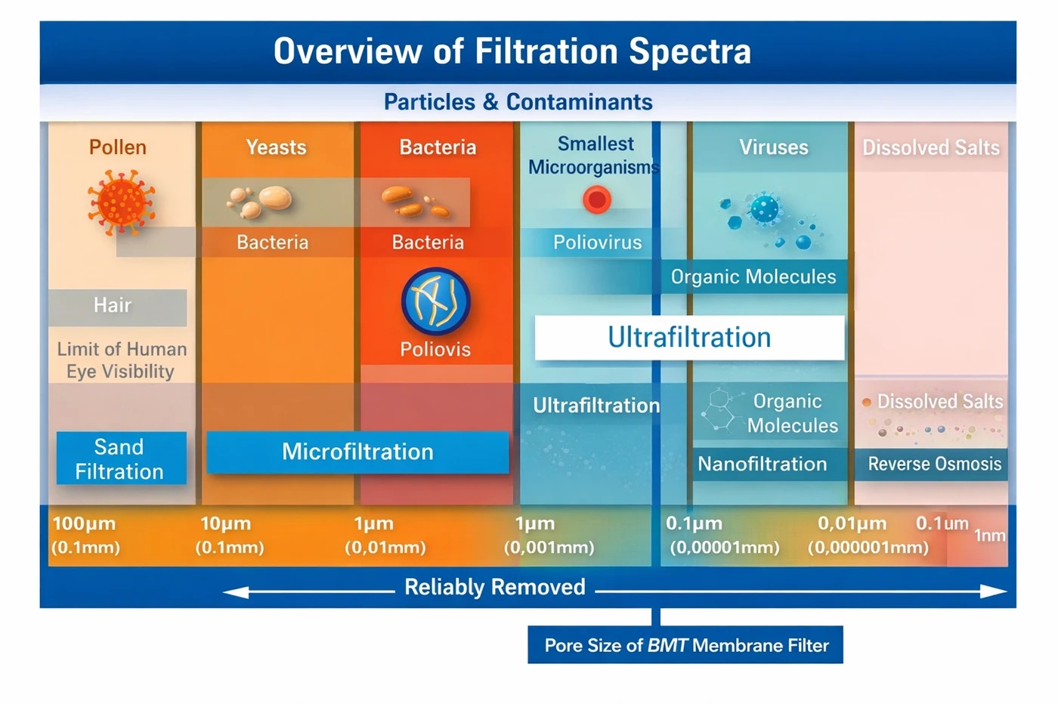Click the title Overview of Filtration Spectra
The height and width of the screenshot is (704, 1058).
[x=512, y=51]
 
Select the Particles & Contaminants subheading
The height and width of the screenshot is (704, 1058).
[x=518, y=102]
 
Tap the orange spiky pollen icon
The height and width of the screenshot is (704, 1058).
[x=122, y=202]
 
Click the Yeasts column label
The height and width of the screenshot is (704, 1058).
[x=276, y=147]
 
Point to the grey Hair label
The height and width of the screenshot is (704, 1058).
[x=113, y=306]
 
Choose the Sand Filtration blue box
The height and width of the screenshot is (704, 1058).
[x=120, y=459]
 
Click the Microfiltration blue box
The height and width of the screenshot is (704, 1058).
[x=357, y=452]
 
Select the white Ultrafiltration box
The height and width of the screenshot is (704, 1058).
[x=689, y=338]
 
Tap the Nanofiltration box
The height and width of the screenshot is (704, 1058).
[x=763, y=464]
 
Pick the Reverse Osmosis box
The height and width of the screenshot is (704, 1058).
[x=934, y=464]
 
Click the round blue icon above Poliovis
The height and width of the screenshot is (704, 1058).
[x=435, y=301]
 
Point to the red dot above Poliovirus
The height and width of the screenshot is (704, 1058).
[x=596, y=200]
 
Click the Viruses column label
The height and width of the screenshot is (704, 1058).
[x=773, y=147]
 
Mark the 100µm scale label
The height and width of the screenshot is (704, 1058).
[x=84, y=523]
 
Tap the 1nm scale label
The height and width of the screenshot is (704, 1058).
[x=989, y=536]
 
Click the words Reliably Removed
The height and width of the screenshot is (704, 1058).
[x=495, y=587]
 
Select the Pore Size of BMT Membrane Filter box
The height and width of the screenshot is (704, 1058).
[x=685, y=645]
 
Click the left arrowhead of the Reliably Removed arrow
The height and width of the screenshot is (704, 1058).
[x=234, y=592]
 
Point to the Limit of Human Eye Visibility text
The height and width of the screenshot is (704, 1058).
[x=121, y=360]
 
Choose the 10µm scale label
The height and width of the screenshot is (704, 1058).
[x=225, y=523]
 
